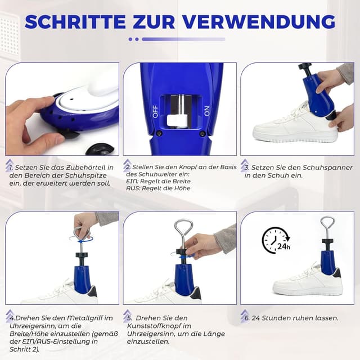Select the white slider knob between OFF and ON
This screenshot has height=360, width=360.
click(177, 120)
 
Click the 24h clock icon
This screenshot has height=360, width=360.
click(275, 240)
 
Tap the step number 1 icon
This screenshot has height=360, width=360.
click(10, 167)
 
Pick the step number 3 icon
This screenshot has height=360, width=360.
click(245, 167)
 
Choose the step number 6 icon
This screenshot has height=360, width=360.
click(245, 318)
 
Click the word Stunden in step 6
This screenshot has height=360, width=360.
click(286, 318)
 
